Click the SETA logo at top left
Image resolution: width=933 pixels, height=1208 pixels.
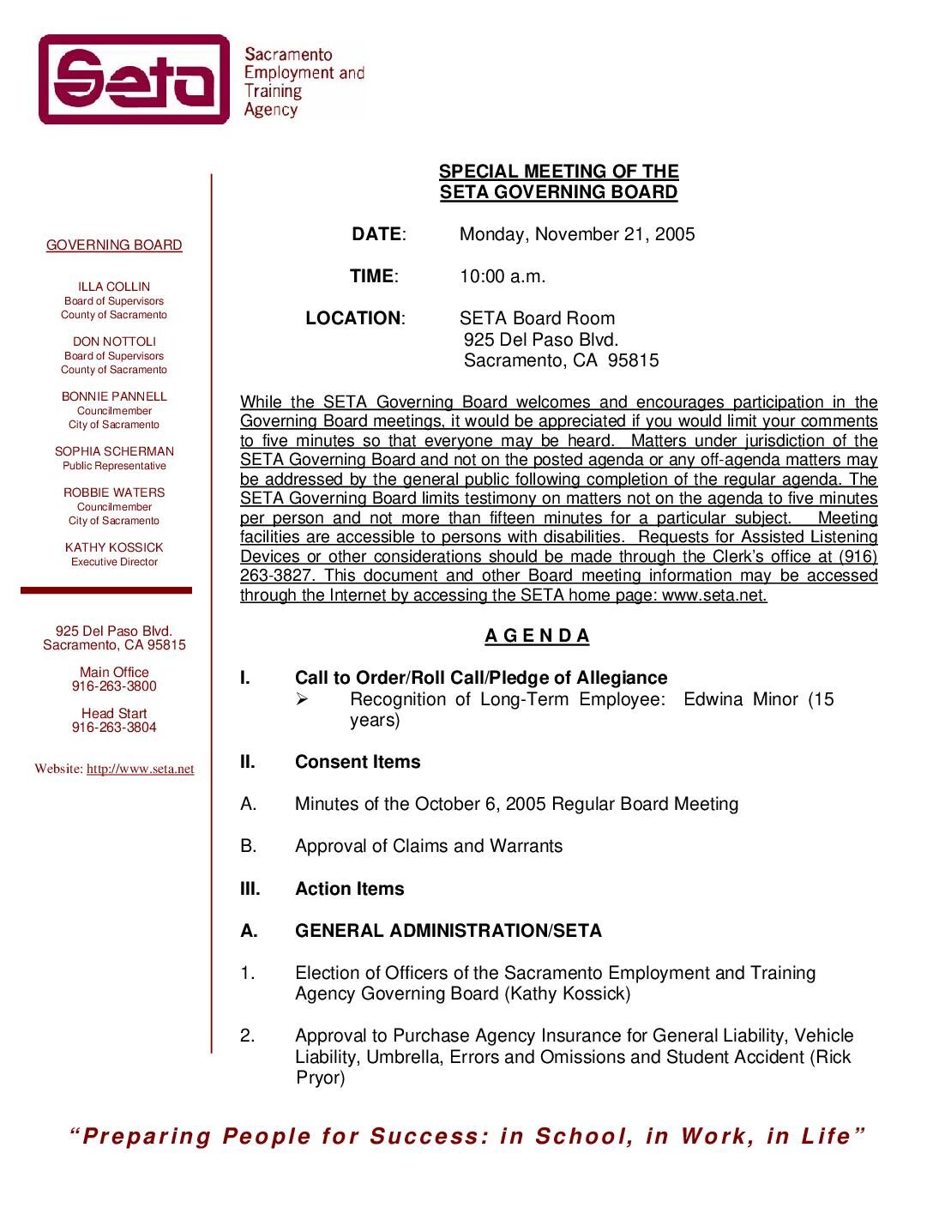tap(135, 80)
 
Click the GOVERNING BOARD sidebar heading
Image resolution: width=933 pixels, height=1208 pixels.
tap(114, 245)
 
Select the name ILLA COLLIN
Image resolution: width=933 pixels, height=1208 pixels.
tap(114, 287)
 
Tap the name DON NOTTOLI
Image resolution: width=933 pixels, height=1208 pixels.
tap(114, 341)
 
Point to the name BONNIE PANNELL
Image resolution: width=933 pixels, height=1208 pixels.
tap(114, 396)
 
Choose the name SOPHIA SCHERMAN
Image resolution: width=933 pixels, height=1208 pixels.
tap(114, 451)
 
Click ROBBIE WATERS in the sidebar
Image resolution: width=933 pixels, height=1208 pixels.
tap(114, 492)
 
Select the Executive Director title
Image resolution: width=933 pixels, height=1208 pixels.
tap(114, 562)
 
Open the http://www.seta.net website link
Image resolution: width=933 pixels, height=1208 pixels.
tap(140, 769)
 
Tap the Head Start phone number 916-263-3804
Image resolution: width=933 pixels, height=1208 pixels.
tap(114, 728)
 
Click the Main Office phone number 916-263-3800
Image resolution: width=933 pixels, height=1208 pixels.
tap(114, 686)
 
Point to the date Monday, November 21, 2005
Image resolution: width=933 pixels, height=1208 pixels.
tap(577, 234)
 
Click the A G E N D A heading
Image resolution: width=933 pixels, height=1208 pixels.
tap(538, 636)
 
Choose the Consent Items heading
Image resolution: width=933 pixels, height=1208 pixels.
tap(358, 762)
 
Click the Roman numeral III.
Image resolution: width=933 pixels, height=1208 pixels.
tap(250, 889)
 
